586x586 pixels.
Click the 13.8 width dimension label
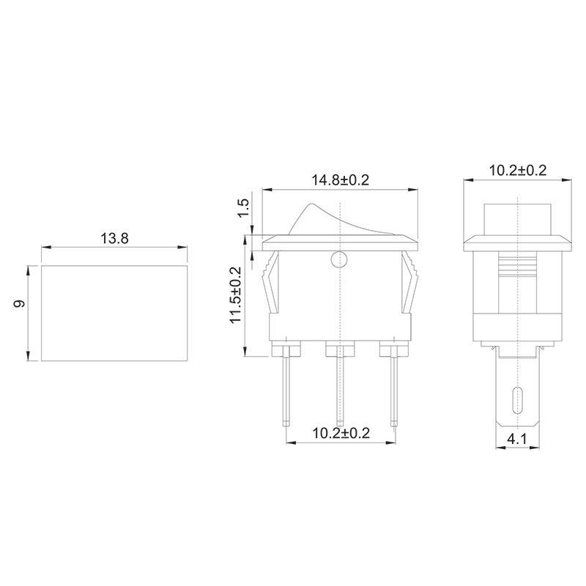(114, 238)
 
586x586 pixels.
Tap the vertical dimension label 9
(21, 303)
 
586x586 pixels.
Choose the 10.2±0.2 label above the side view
(518, 171)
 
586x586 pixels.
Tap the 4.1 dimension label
(517, 440)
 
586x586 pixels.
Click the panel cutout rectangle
(114, 313)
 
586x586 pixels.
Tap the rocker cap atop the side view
(517, 218)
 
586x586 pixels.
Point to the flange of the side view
(517, 242)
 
